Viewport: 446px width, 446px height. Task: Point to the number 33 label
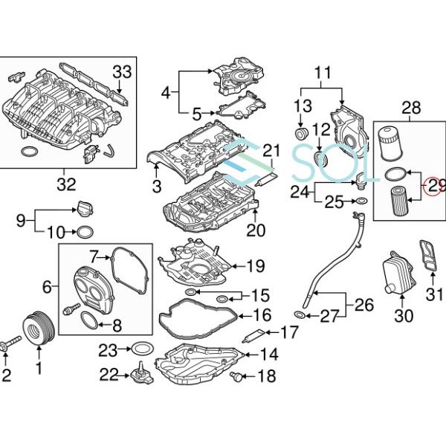point(121,72)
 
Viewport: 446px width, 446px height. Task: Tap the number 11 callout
point(322,73)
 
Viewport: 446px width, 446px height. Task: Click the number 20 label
point(256,230)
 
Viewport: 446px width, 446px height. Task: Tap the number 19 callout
point(255,265)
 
